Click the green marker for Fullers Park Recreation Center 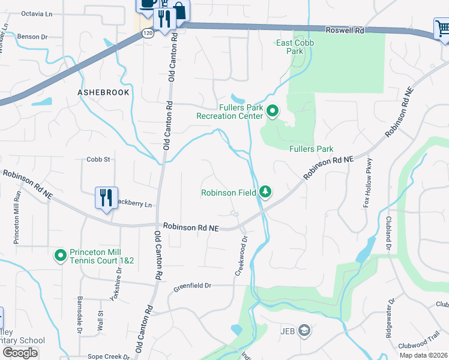(x=272, y=110)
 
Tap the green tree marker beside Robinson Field (x=265, y=192)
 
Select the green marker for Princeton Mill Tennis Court (x=60, y=256)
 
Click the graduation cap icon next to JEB (x=305, y=331)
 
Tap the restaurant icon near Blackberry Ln (x=106, y=197)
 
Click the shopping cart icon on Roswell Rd (x=442, y=28)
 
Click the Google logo (x=20, y=352)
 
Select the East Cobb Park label (x=289, y=47)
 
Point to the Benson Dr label (x=32, y=37)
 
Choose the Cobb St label (x=98, y=160)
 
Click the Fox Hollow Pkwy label (x=368, y=183)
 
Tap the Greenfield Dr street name (x=193, y=287)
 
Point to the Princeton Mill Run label (x=17, y=217)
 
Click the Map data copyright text (x=423, y=355)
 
